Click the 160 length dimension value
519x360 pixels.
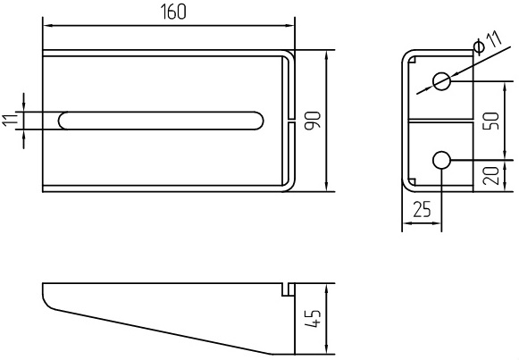(173, 12)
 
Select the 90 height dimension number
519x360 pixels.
(313, 121)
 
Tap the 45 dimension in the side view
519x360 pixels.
(313, 319)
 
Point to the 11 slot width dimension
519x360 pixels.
(10, 121)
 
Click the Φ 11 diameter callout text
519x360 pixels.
(488, 42)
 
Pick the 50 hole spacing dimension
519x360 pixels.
(491, 121)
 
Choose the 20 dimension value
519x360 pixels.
(491, 176)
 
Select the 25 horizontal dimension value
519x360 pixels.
(422, 209)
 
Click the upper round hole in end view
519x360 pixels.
(441, 81)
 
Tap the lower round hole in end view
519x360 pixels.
(441, 160)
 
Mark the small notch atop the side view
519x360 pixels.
(289, 289)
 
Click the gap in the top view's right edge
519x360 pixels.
(290, 121)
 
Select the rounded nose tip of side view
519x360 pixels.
(46, 299)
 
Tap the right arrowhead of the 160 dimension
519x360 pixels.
(290, 25)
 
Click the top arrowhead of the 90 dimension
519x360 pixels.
(326, 54)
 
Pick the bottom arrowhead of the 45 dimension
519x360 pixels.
(326, 349)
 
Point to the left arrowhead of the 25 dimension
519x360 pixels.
(406, 223)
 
